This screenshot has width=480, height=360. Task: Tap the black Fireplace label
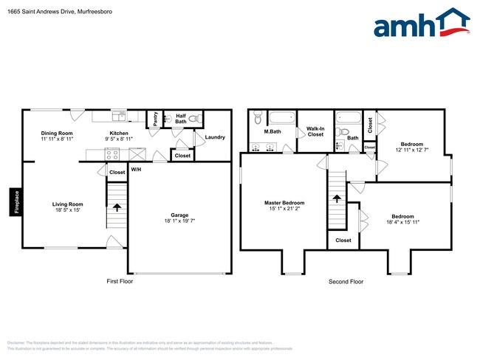(x=15, y=202)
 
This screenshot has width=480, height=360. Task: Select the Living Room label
(x=67, y=204)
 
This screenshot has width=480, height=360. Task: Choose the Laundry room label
(x=215, y=137)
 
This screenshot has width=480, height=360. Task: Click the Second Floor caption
(x=346, y=282)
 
